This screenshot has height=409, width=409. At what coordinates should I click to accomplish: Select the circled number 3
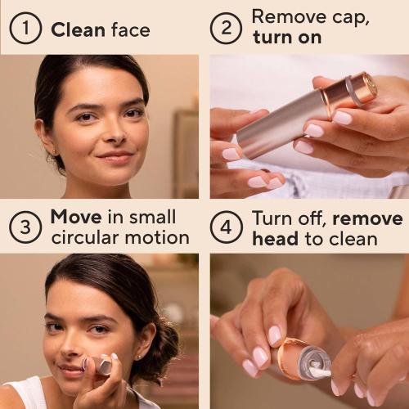point(25,227)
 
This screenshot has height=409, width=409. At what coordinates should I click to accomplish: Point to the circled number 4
point(227,227)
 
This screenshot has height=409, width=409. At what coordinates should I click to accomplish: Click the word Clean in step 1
point(78,31)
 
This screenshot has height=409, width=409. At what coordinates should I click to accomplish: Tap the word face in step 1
point(130,31)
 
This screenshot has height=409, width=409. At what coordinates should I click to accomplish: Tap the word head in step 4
point(275,239)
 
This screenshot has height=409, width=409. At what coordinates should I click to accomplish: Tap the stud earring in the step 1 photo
point(54,151)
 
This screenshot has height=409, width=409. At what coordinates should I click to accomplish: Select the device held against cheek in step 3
point(100,363)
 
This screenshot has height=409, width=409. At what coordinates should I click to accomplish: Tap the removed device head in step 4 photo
point(303,359)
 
